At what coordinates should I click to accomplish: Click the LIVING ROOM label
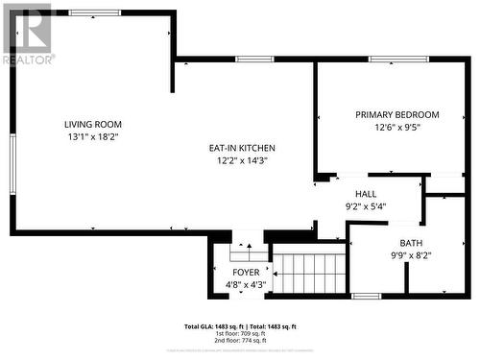coord(93,124)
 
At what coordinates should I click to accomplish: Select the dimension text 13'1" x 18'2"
coord(93,136)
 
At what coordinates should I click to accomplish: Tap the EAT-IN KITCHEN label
coord(242,148)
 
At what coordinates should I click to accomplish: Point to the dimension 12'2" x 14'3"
coord(242,160)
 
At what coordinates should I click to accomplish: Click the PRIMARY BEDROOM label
coord(396,114)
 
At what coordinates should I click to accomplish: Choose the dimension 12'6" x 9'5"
coord(396,127)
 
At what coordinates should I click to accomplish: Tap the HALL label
coord(365,193)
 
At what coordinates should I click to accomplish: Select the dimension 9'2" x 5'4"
coord(365,205)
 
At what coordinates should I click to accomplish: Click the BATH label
coord(412,244)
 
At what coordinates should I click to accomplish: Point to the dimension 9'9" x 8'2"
coord(412,256)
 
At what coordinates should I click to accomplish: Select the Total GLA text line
coord(240,327)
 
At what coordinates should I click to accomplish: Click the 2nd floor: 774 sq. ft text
coord(240,341)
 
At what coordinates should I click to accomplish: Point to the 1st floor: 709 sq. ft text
coord(240,334)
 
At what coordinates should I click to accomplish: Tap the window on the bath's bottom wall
coord(366,296)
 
